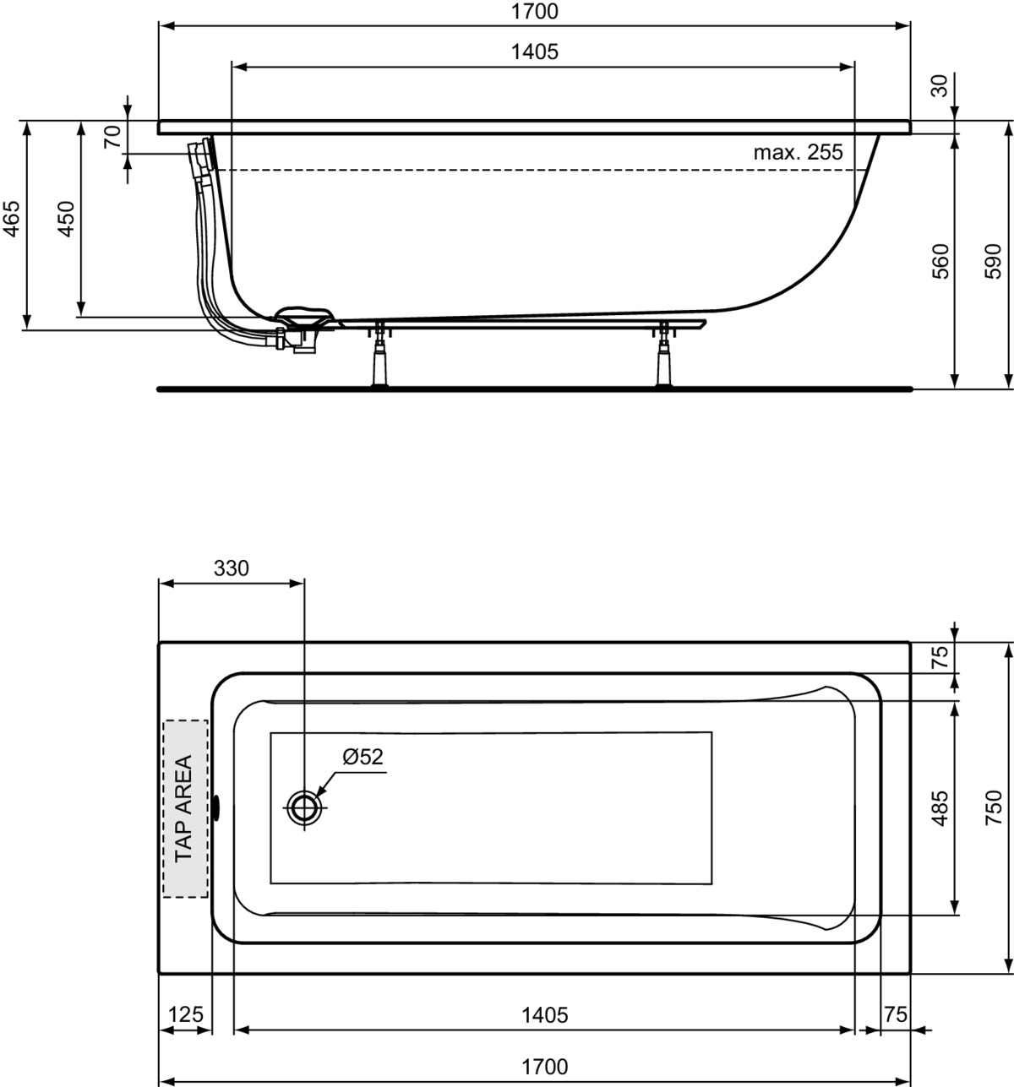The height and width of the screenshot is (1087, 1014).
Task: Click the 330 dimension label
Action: pyautogui.click(x=232, y=568)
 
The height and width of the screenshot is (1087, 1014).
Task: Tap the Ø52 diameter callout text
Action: pyautogui.click(x=363, y=757)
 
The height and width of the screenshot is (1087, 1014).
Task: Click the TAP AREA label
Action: pyautogui.click(x=184, y=808)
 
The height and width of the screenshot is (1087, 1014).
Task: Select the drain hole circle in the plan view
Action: pyautogui.click(x=304, y=807)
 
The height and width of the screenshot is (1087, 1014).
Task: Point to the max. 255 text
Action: pyautogui.click(x=799, y=152)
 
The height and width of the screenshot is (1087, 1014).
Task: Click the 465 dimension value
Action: pyautogui.click(x=12, y=219)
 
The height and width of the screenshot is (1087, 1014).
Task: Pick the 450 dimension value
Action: pyautogui.click(x=66, y=219)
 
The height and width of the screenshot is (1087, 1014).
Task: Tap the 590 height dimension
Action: pyautogui.click(x=993, y=261)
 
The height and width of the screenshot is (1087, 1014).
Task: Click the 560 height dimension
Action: pyautogui.click(x=940, y=261)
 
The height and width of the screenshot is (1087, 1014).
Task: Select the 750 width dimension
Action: pyautogui.click(x=993, y=808)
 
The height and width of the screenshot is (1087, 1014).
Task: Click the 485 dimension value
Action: pyautogui.click(x=940, y=808)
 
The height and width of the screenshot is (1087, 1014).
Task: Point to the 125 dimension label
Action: pyautogui.click(x=186, y=1014)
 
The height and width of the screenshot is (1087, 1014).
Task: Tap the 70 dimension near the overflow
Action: pyautogui.click(x=112, y=136)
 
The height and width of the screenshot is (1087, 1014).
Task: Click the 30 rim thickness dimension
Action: pyautogui.click(x=940, y=86)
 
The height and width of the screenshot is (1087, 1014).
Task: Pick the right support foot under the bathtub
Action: pyautogui.click(x=664, y=355)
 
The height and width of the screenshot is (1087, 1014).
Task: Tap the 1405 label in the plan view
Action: pyautogui.click(x=544, y=1015)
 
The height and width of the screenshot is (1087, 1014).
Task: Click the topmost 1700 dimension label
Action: pyautogui.click(x=535, y=11)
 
